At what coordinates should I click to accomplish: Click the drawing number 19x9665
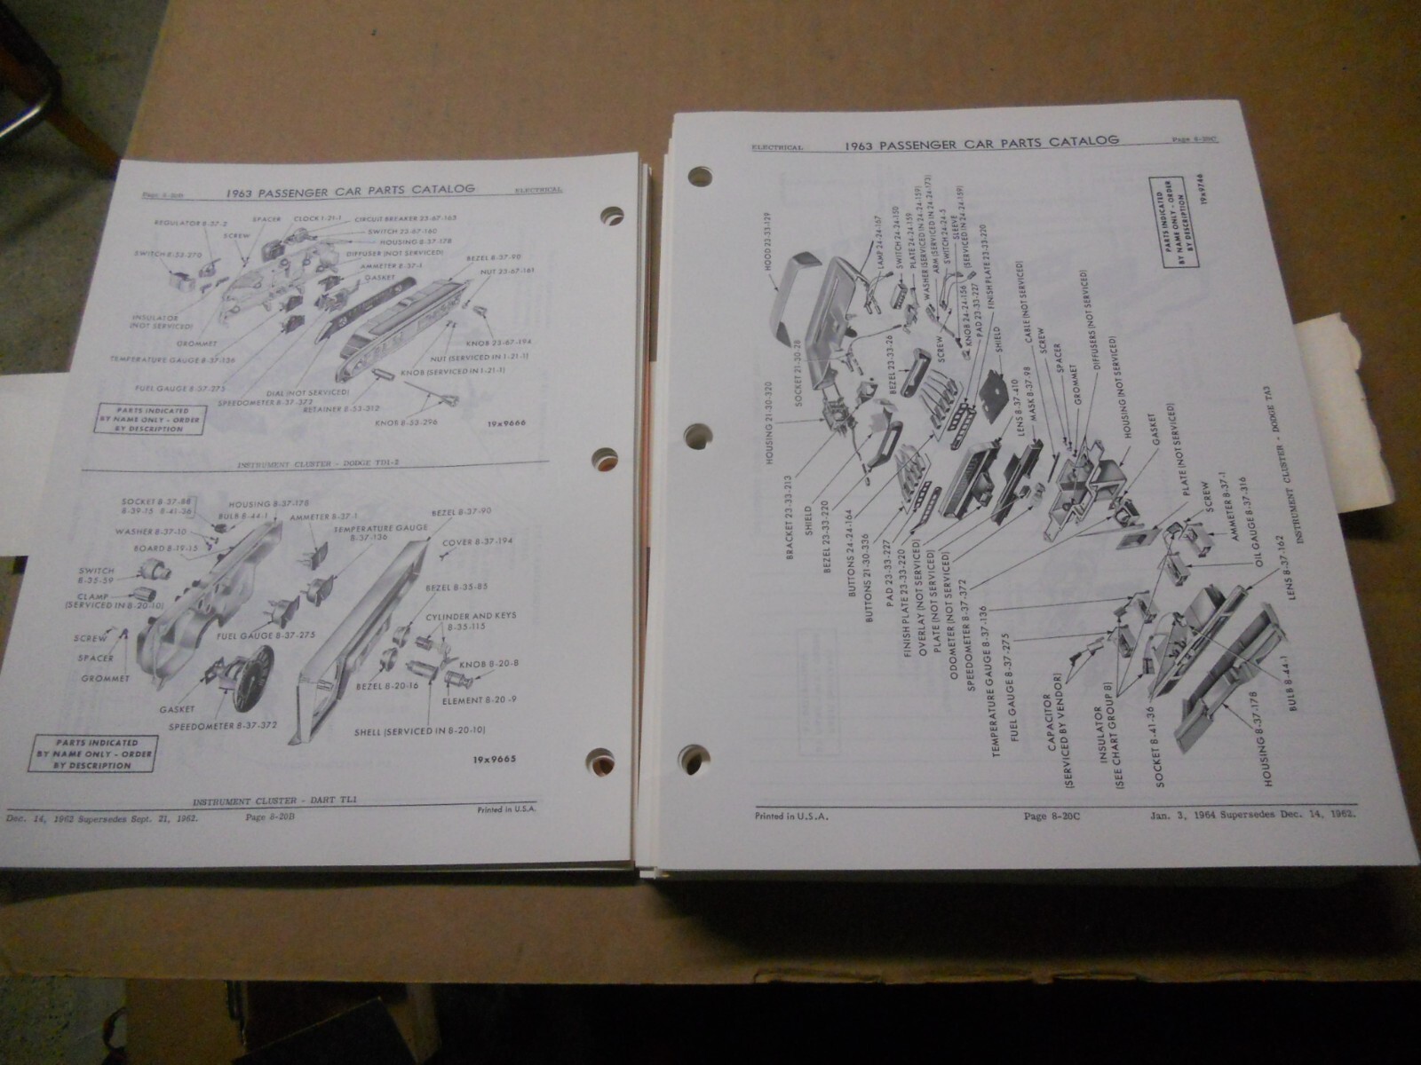pos(485,760)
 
